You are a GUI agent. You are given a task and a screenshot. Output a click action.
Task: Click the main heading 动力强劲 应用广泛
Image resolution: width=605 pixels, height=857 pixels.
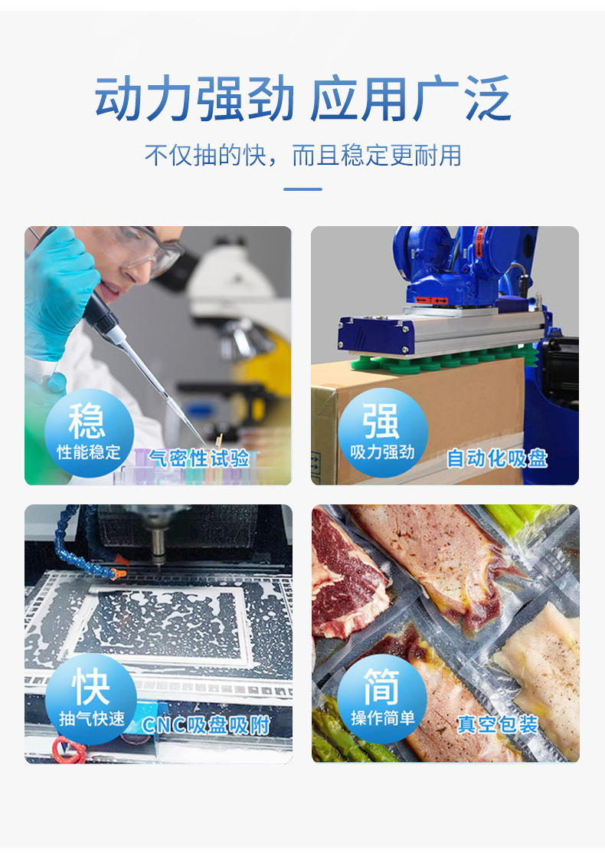303,98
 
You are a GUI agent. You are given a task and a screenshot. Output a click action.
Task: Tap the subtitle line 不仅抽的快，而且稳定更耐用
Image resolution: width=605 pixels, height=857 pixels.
303,155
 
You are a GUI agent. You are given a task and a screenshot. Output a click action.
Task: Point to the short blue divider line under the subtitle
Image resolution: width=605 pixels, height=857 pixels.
303,189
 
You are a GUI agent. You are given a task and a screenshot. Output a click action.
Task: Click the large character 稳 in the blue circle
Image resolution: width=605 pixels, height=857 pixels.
87,420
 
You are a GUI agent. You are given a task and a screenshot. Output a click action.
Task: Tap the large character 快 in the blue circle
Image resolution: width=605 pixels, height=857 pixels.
90,687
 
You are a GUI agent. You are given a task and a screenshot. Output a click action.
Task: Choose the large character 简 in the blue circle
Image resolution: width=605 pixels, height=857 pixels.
381,687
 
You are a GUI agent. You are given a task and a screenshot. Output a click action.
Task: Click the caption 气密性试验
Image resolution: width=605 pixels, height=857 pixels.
199,458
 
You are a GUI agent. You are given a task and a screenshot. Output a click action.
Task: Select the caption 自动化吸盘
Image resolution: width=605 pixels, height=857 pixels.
497,458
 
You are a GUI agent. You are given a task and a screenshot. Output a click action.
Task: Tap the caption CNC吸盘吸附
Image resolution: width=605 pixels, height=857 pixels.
206,725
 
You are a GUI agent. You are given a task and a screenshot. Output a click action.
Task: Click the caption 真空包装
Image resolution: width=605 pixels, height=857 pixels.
498,724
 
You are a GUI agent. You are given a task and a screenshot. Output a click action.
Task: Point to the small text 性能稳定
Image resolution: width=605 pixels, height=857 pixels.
89,452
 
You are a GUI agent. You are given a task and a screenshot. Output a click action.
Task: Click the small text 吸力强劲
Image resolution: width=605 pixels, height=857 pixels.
382,452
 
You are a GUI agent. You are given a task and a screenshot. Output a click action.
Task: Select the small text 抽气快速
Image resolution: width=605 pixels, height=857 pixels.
92,718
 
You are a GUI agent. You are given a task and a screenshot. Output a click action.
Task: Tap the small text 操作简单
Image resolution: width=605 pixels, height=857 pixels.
383,717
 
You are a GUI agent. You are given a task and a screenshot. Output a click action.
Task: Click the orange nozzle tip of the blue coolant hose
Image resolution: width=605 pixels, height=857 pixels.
119,574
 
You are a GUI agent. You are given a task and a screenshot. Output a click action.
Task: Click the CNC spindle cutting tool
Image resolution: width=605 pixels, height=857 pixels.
159,547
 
